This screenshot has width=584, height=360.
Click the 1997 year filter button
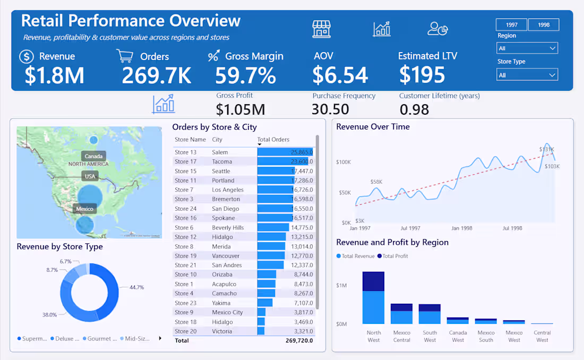[511, 25]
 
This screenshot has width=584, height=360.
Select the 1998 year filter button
[543, 25]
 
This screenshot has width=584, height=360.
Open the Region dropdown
[527, 48]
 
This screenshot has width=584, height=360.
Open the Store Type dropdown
[527, 75]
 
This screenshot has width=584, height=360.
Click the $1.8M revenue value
[54, 75]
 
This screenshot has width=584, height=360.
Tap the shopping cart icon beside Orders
[124, 56]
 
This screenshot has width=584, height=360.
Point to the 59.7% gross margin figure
[245, 75]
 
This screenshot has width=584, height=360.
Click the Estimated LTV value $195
[422, 75]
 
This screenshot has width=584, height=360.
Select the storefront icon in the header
[321, 29]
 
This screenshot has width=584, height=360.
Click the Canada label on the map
[93, 156]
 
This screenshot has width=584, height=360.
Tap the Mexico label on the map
[84, 209]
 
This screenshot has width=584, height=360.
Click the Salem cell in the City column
[220, 152]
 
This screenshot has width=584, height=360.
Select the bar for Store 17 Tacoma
[284, 161]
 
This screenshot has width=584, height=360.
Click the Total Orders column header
[273, 140]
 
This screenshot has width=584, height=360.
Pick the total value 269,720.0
[299, 340]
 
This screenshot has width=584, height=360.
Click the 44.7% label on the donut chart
[136, 287]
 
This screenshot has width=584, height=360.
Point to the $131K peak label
[546, 149]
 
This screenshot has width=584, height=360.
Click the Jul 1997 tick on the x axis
[410, 228]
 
